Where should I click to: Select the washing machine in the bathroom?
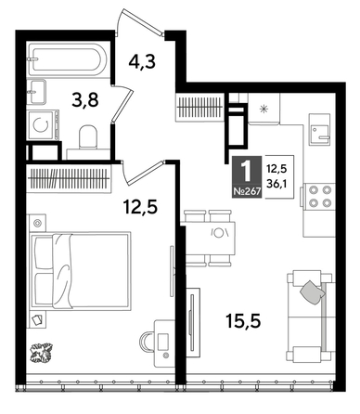point(43,123)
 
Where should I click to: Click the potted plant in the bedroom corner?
point(42,355)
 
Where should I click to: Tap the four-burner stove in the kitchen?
point(320,197)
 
